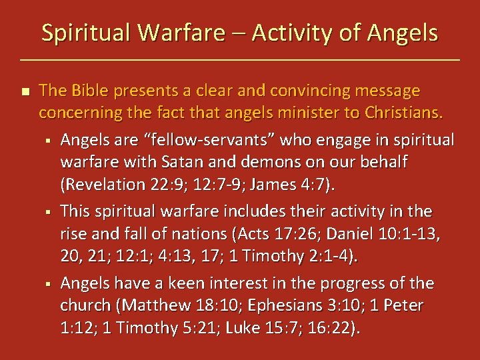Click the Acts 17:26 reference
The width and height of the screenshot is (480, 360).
pyautogui.click(x=259, y=235)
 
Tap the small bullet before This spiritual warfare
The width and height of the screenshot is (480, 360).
pyautogui.click(x=49, y=212)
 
